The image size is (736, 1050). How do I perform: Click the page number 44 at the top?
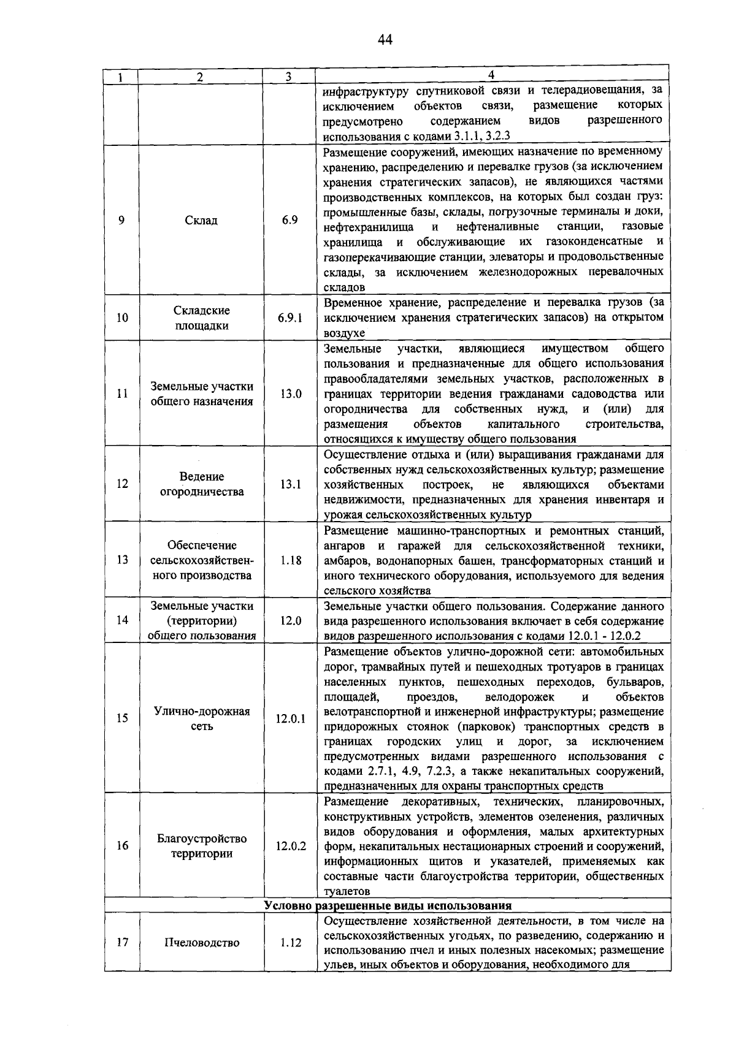click(x=385, y=40)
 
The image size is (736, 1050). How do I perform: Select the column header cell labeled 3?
click(x=288, y=77)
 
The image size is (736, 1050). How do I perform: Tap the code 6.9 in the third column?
click(x=290, y=220)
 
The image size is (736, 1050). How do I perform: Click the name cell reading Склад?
click(x=201, y=220)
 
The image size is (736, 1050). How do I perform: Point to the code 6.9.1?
click(x=290, y=318)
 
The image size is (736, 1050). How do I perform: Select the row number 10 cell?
click(x=122, y=318)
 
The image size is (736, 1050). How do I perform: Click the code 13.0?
click(x=291, y=394)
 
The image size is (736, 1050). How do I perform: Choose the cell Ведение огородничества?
click(x=202, y=484)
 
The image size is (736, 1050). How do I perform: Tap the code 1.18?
click(x=291, y=560)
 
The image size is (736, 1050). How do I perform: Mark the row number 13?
click(x=122, y=560)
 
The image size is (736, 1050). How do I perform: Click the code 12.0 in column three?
click(x=291, y=620)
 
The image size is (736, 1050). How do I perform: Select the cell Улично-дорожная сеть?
click(x=202, y=718)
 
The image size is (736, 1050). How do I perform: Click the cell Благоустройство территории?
click(x=202, y=846)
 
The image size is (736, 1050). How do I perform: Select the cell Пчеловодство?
click(x=202, y=943)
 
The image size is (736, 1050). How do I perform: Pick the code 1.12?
click(x=291, y=943)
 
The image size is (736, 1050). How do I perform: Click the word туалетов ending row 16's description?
click(x=347, y=891)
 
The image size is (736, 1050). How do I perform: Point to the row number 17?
click(x=122, y=943)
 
